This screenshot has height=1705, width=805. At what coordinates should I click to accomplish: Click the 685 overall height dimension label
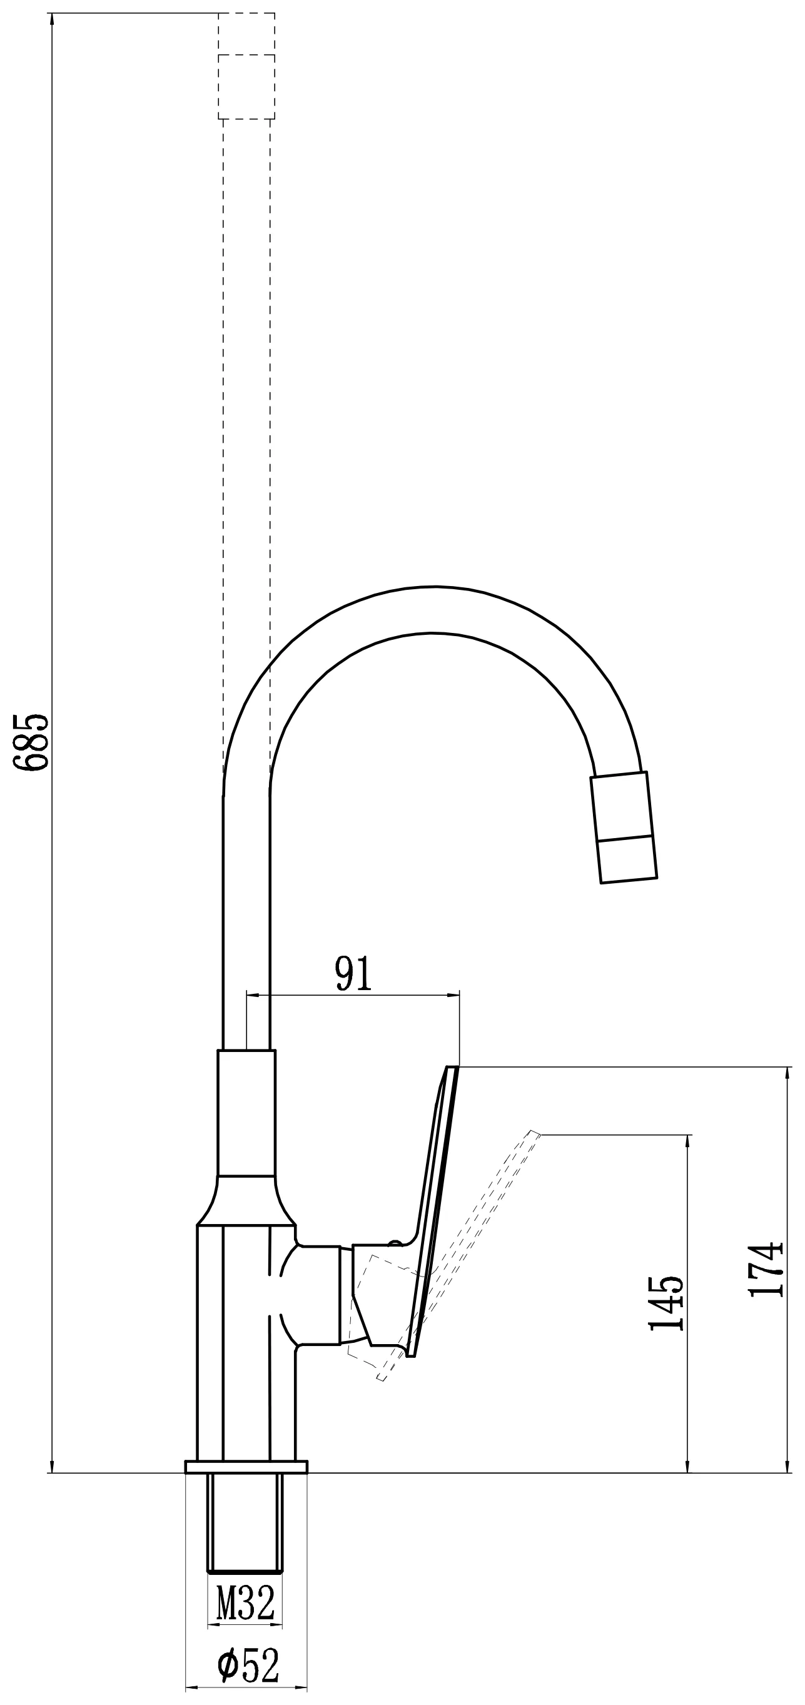click(32, 741)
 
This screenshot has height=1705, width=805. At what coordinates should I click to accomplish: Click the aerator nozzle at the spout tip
click(624, 827)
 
